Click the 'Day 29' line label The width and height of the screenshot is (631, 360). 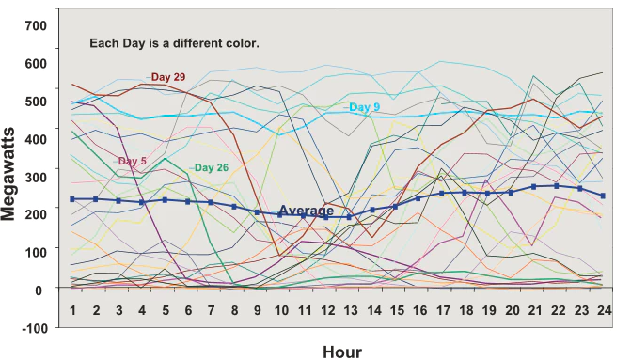tap(166, 76)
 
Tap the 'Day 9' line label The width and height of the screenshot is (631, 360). tap(364, 107)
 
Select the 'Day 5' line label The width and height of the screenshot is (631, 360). tap(132, 162)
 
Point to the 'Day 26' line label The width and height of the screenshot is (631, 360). tap(211, 168)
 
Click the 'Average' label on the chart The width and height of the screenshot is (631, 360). tap(306, 211)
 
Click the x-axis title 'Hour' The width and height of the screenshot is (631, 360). tap(341, 352)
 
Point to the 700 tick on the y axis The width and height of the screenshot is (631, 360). tap(35, 25)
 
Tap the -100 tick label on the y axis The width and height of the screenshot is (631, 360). tap(33, 327)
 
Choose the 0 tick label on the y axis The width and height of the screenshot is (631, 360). tap(42, 290)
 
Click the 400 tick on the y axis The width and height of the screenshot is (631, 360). tap(35, 139)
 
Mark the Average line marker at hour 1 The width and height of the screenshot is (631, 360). tap(72, 199)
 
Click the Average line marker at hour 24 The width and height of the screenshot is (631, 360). tap(604, 196)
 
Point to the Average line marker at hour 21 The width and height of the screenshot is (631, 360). tap(534, 186)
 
